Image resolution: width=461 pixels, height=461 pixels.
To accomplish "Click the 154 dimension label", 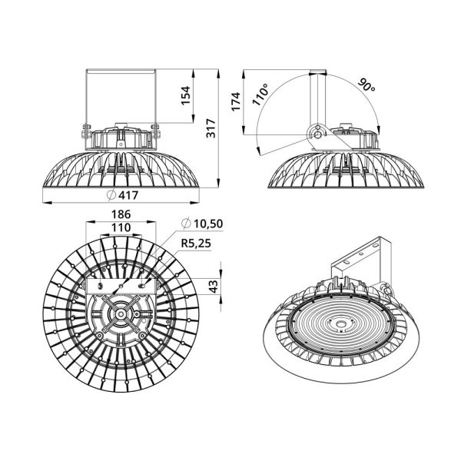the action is click(x=185, y=95).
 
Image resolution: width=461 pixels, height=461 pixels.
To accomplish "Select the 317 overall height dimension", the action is click(x=211, y=128).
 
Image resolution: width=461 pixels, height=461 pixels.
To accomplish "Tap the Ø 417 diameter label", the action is click(x=122, y=195).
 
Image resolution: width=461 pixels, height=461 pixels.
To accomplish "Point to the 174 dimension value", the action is click(x=236, y=101).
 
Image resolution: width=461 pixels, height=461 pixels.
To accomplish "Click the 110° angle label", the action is click(x=260, y=94).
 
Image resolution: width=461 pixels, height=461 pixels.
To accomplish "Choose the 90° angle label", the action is click(x=366, y=85).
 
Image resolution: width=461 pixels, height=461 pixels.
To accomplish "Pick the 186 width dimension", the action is click(x=121, y=214).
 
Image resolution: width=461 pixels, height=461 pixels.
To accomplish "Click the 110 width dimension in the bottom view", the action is click(x=121, y=227).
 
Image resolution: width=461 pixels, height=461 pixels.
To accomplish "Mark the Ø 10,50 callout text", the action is click(x=202, y=224).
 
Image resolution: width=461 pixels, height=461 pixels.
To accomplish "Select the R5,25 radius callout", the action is click(x=196, y=244).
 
